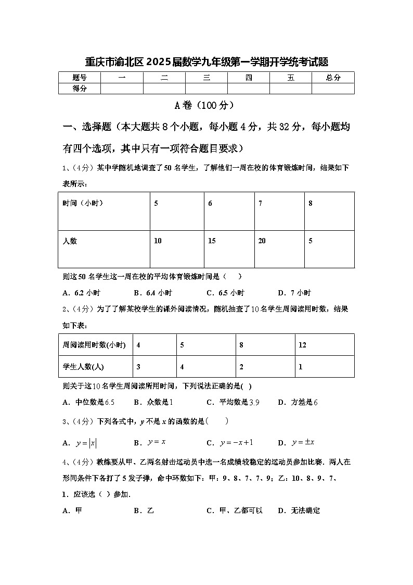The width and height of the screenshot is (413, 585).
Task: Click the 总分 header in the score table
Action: pos(333,78)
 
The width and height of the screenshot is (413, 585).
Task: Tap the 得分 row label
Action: pos(80,89)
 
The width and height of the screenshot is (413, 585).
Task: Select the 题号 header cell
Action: pos(80,78)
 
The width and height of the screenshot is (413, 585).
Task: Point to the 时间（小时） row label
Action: pos(83,203)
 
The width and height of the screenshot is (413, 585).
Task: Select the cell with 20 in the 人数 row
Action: pos(262,241)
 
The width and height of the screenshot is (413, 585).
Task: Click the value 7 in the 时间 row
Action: pos(260,203)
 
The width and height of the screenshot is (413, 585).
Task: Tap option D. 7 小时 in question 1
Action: pos(294,293)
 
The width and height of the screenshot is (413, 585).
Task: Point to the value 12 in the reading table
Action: pos(302,345)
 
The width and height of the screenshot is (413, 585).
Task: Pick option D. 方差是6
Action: pos(298,402)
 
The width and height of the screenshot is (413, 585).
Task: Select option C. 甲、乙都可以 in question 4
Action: pos(235,511)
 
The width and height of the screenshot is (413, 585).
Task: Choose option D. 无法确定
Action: pos(299,511)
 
